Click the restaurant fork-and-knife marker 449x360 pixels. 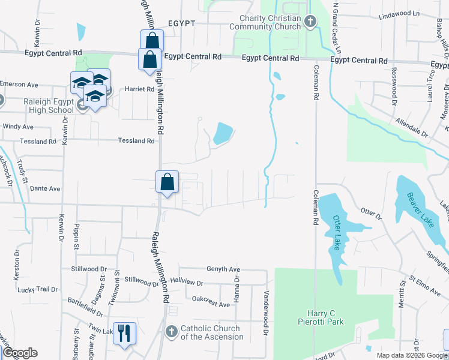124,334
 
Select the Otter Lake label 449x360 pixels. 337,236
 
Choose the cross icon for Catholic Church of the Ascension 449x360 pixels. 171,332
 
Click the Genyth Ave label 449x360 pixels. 223,269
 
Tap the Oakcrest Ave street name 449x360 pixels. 211,305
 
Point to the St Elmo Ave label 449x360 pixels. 424,286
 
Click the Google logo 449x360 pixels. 20,353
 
